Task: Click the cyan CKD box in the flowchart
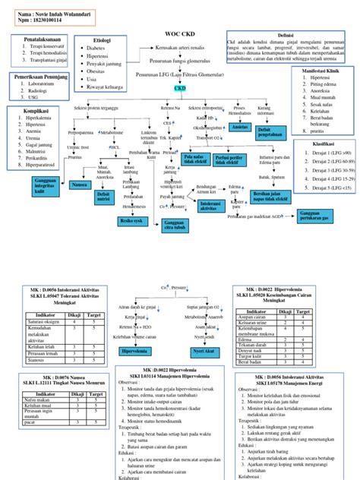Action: pyautogui.click(x=181, y=89)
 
